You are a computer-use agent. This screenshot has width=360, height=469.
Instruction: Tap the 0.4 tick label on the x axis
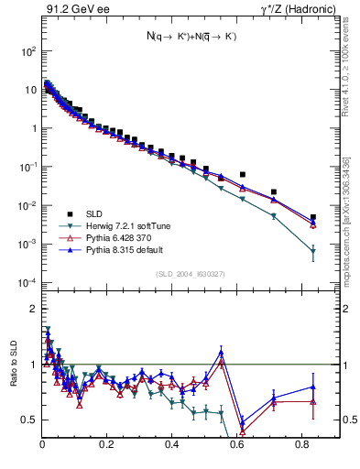[x=172, y=444]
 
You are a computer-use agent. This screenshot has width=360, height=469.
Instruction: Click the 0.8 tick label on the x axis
[x=301, y=444]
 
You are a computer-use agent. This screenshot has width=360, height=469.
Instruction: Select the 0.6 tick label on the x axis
[x=236, y=444]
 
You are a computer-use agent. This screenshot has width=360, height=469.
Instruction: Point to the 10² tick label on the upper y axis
[x=27, y=51]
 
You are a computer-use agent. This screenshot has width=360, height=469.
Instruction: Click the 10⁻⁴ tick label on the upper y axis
[x=27, y=282]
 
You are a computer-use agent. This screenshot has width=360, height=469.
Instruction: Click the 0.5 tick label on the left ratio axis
[x=29, y=420]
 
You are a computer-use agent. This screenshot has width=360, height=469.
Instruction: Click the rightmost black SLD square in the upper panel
[x=313, y=217]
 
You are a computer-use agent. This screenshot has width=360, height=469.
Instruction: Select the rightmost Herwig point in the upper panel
[x=313, y=251]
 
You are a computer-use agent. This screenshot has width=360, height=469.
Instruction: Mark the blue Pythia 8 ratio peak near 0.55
[x=221, y=351]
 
